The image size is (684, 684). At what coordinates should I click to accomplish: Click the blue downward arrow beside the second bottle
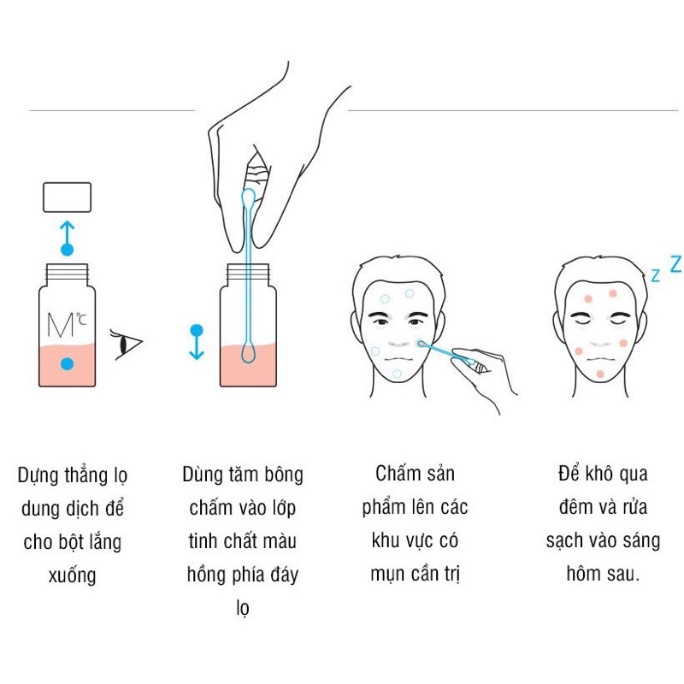point(196,341)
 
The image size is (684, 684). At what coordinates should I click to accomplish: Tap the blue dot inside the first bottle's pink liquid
point(67,363)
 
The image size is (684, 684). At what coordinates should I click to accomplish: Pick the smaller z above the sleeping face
point(655,275)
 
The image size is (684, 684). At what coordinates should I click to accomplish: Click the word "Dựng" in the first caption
point(38,475)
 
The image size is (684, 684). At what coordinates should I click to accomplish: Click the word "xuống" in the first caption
point(73,575)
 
